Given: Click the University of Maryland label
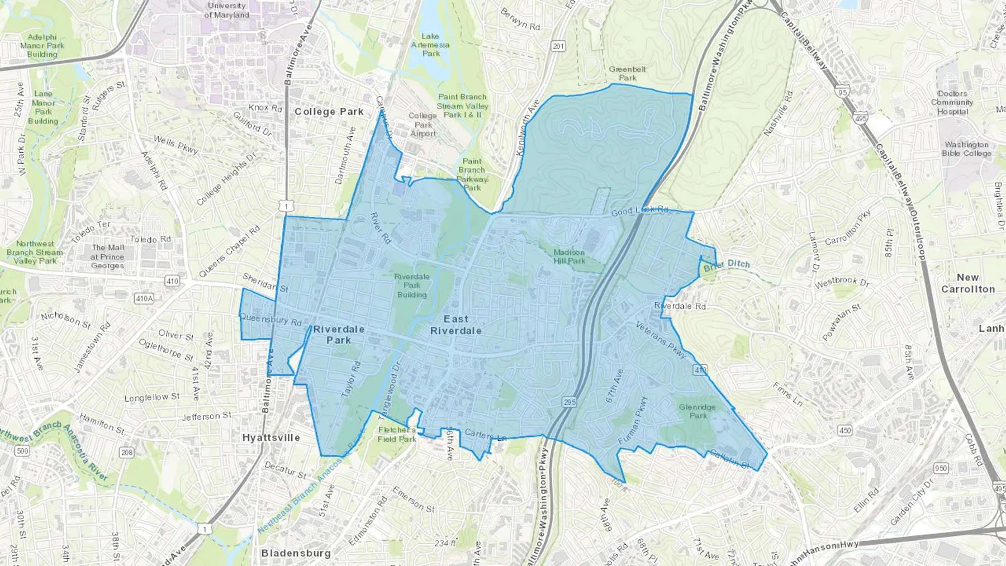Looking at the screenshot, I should [x=226, y=10].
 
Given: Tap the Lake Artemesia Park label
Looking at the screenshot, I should [x=430, y=45].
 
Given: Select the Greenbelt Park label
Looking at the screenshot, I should [x=627, y=73].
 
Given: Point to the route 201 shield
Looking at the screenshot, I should [x=558, y=46].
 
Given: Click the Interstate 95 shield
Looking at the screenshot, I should [x=843, y=92].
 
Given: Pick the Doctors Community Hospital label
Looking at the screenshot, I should [x=952, y=103].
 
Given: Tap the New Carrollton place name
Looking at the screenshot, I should [x=968, y=283].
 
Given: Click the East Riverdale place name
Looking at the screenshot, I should [x=455, y=325].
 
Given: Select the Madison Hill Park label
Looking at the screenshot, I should [x=569, y=256].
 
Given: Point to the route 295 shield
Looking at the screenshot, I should [x=569, y=402].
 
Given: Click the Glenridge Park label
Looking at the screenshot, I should [x=697, y=411].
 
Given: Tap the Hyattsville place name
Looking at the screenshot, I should [x=271, y=437].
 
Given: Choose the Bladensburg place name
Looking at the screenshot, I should [x=296, y=553].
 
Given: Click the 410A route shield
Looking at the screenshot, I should [x=144, y=298].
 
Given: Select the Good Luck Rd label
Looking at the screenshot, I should [x=639, y=211].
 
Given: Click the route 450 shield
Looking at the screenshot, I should [x=844, y=430].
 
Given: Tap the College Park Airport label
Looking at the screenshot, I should [x=423, y=125].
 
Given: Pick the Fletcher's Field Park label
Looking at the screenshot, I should [x=397, y=434].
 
